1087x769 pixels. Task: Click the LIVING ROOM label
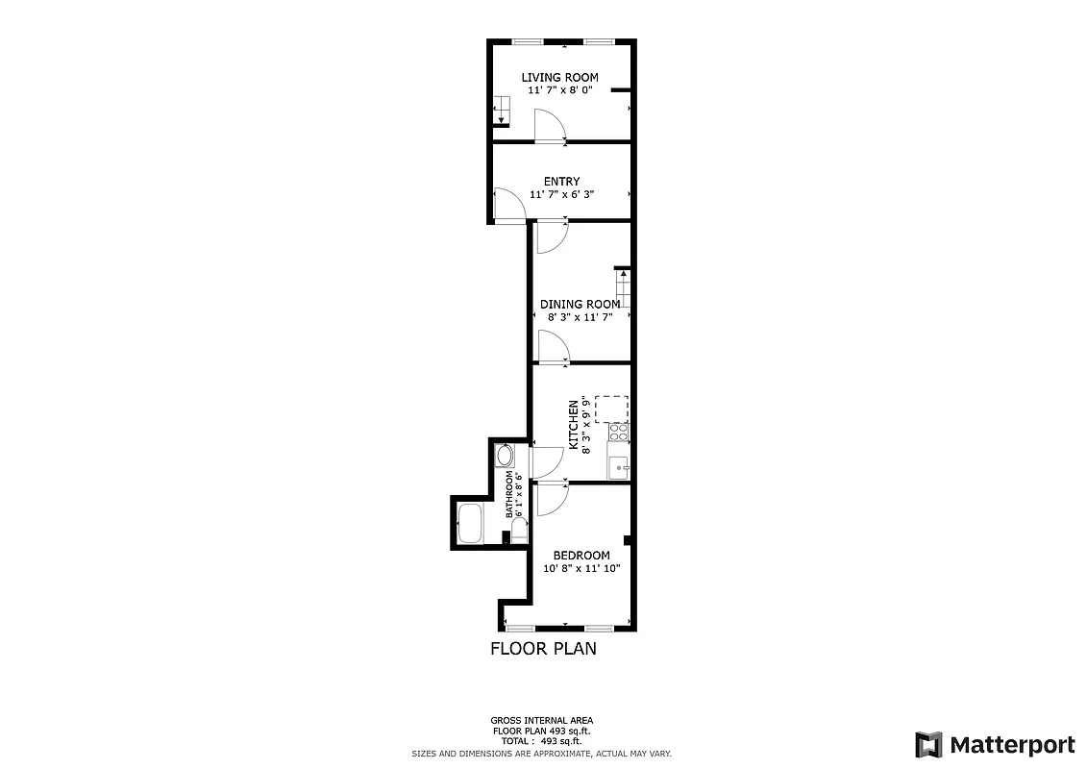[559, 77]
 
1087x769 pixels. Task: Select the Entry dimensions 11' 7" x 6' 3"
[561, 194]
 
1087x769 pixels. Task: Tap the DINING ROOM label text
[580, 304]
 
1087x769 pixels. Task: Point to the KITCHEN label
[574, 425]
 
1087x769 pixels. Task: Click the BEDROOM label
[581, 556]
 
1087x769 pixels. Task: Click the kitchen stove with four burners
[618, 433]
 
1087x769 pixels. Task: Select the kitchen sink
[619, 464]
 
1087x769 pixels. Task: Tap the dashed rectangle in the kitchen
[611, 409]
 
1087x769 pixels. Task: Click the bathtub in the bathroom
[470, 523]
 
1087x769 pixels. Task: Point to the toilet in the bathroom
[519, 531]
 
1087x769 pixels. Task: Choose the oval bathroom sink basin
[506, 455]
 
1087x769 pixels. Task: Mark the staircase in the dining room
[623, 287]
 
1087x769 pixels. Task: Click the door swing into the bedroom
[551, 499]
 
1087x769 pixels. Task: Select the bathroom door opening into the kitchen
[546, 462]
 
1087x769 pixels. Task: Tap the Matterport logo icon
[928, 744]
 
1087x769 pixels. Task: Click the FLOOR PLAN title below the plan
[543, 649]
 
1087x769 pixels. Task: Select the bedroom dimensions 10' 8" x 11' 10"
[581, 568]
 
